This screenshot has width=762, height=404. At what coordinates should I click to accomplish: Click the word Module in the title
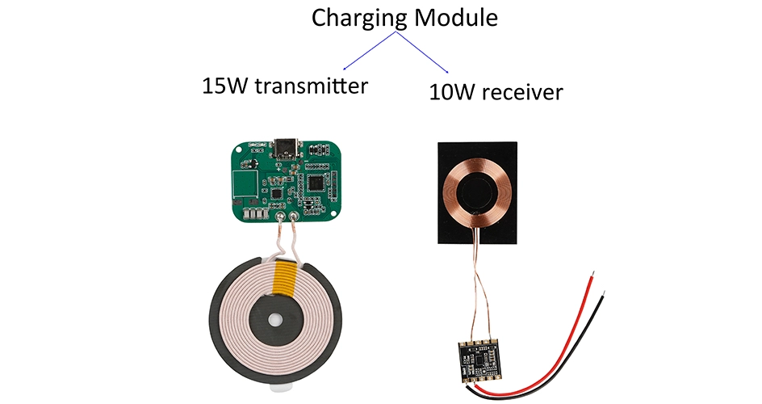[456, 18]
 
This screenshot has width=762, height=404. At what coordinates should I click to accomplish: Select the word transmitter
[312, 86]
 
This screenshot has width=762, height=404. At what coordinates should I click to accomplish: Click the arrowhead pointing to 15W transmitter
[345, 68]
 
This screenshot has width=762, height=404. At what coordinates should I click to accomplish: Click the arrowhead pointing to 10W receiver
[446, 71]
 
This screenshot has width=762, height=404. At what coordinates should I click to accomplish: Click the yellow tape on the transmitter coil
[284, 278]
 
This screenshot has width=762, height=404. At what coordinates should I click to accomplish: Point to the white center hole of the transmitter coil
[275, 320]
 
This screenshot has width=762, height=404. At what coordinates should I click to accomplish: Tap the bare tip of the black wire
[604, 295]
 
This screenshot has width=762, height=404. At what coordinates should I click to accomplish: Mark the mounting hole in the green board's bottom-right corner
[333, 212]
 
